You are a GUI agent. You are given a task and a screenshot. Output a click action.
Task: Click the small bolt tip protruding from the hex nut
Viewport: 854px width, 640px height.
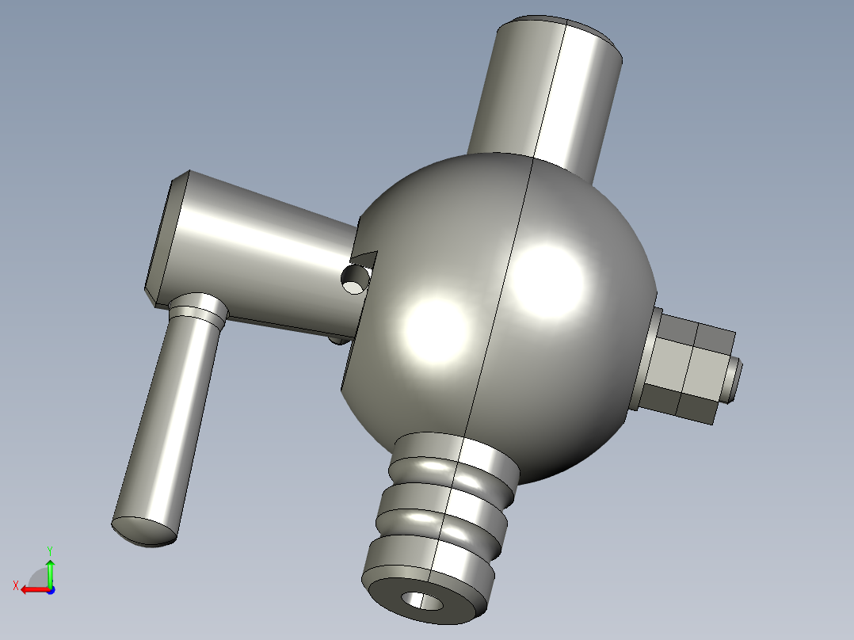coord(734,379)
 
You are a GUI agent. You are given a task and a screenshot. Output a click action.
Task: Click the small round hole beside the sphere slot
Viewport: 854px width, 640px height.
coord(354,280)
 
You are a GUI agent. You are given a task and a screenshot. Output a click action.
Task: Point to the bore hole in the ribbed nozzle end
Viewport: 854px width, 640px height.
coord(423,600)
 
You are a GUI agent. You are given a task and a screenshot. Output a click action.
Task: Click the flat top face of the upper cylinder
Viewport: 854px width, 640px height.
coord(561,25)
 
